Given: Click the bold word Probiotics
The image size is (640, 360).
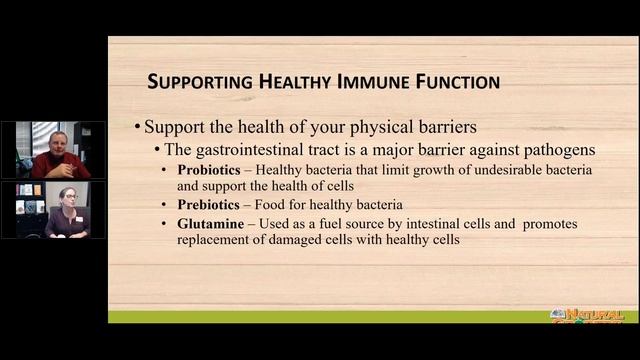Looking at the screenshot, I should (x=211, y=170).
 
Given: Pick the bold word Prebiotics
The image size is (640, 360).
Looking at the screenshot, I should (x=210, y=204).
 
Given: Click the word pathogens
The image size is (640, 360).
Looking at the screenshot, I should (x=561, y=150).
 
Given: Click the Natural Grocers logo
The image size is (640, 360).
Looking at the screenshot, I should (x=587, y=316).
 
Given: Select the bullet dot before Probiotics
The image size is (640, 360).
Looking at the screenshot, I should (x=167, y=170).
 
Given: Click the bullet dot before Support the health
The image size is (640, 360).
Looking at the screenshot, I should (x=137, y=128).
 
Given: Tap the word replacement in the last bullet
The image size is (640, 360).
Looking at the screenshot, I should (x=214, y=240).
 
